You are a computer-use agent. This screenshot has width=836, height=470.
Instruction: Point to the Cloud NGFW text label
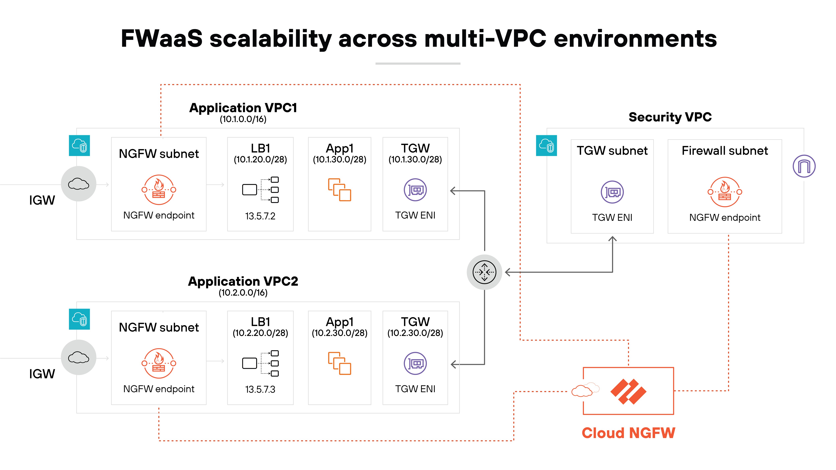coord(628,433)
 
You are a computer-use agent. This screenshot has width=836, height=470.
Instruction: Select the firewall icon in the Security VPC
coord(725,192)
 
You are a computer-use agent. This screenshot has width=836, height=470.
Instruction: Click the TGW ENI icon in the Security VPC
coord(612,192)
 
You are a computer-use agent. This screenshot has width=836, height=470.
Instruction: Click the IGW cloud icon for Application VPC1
coord(79,184)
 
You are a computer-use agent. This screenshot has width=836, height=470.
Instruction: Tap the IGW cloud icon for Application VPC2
coord(79,357)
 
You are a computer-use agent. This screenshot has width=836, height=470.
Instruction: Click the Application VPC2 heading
coord(243,281)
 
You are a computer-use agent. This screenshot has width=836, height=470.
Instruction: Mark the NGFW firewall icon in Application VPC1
coord(159,190)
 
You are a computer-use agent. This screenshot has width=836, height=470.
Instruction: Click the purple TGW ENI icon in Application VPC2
coord(415,363)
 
